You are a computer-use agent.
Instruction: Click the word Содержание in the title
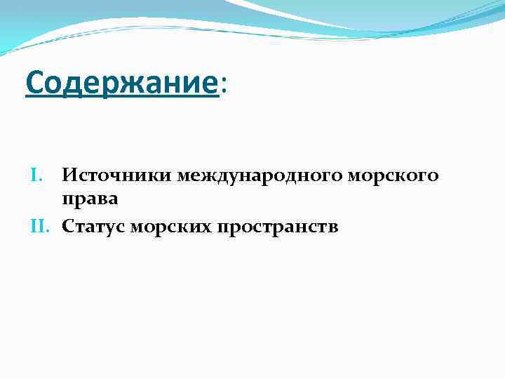point(121,84)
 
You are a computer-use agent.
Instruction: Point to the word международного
point(260,175)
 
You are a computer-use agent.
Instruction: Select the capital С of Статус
point(67,226)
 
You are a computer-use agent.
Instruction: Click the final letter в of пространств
point(334,227)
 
